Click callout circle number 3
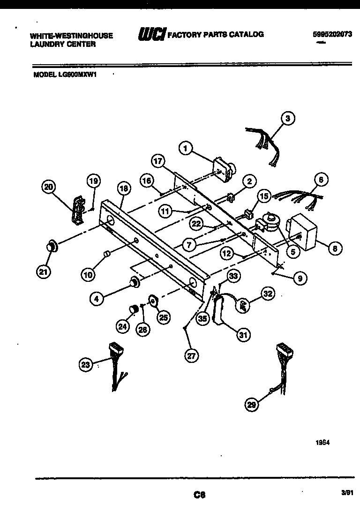(x=288, y=119)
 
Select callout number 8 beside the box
(x=335, y=249)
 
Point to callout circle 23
(x=86, y=364)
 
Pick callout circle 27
(x=191, y=355)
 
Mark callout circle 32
(x=268, y=294)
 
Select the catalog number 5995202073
(x=332, y=34)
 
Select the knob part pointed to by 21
(x=52, y=245)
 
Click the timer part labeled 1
(x=224, y=168)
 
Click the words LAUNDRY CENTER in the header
(x=63, y=44)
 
